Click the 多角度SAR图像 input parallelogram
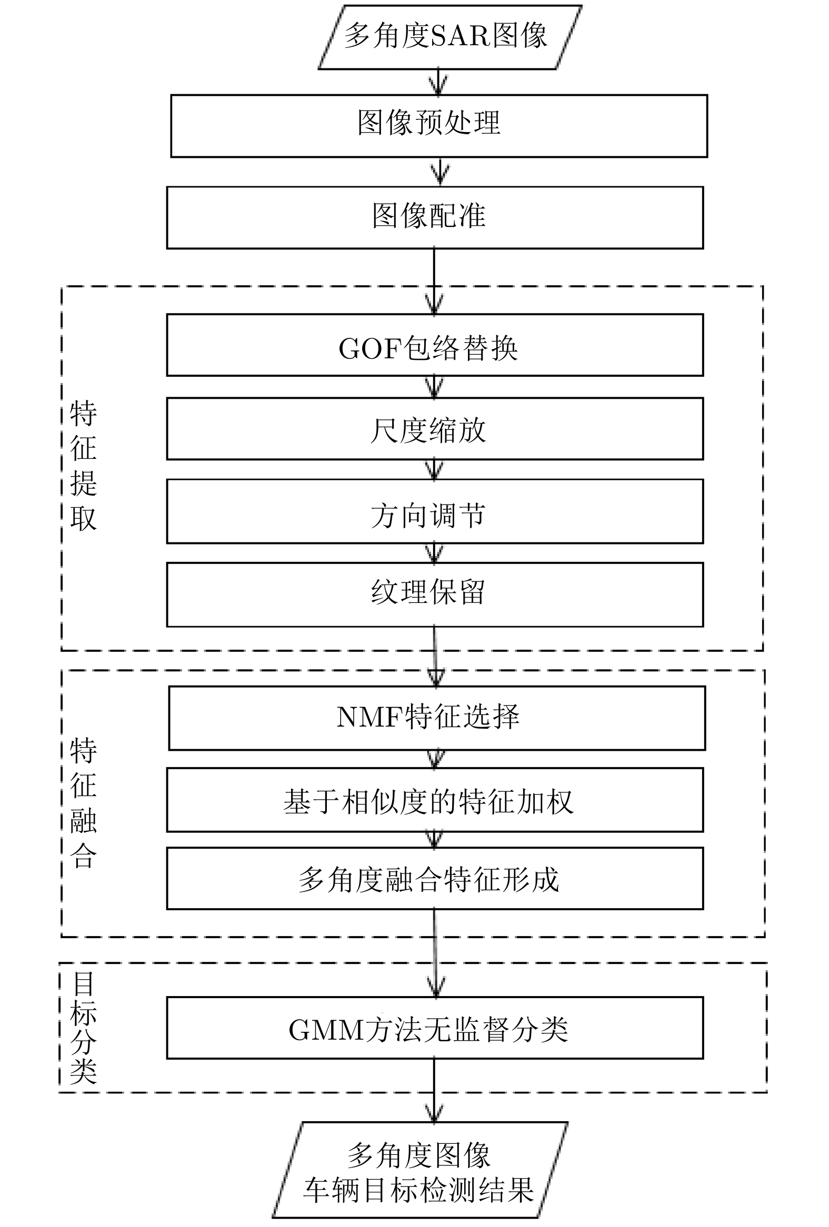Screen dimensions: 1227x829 [450, 37]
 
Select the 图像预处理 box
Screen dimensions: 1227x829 [439, 126]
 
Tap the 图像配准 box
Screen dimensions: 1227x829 [435, 217]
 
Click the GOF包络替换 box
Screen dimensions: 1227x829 [435, 345]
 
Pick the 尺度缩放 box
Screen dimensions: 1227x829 [435, 429]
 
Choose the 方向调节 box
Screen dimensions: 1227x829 [435, 511]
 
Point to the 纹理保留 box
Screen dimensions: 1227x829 [435, 595]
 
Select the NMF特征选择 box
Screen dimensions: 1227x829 [437, 718]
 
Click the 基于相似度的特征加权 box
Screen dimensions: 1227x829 [435, 800]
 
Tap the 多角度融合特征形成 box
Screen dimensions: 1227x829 [435, 879]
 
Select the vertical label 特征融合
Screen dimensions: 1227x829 [84, 802]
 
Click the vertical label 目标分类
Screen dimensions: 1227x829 [84, 1028]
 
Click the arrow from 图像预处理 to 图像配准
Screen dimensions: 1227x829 [440, 172]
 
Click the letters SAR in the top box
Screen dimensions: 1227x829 [461, 37]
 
